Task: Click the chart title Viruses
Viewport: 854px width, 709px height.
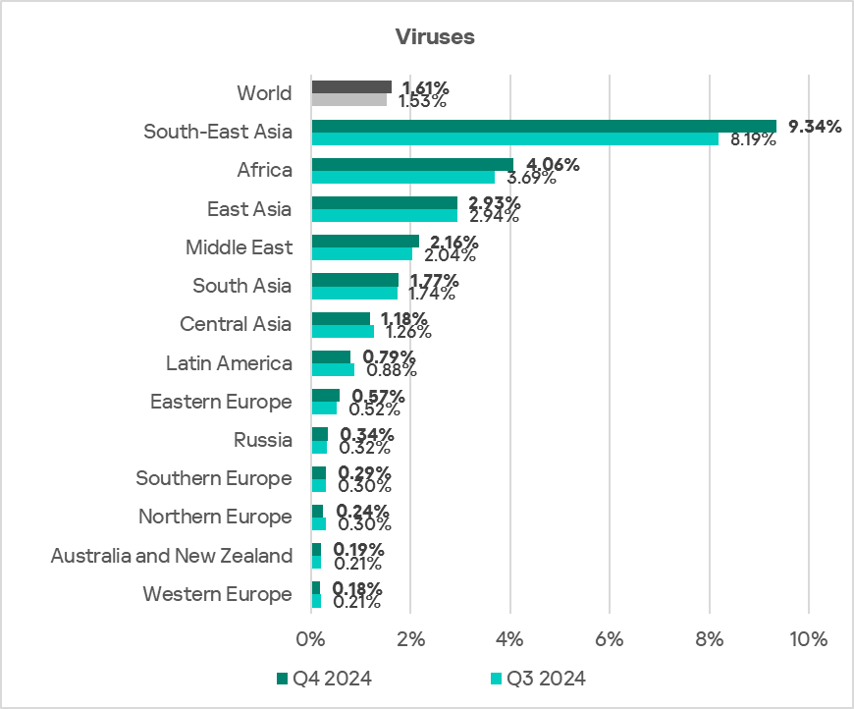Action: point(435,37)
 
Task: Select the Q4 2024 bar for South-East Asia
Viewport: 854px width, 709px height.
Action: point(544,126)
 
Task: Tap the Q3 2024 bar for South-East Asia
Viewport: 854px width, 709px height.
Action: point(514,138)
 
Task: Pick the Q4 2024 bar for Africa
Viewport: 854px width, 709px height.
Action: point(412,164)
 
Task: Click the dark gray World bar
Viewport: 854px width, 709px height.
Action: point(351,87)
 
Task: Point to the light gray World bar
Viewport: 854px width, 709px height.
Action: point(349,99)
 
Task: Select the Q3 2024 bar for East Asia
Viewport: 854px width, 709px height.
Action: point(385,215)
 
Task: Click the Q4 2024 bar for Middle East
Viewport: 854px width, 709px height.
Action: point(365,241)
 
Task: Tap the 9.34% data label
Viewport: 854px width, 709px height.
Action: point(815,126)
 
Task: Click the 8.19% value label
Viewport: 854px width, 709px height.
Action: point(751,139)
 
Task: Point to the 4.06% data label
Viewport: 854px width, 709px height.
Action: point(553,164)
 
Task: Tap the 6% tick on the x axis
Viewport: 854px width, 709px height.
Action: point(610,638)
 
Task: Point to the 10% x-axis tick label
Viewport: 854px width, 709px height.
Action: point(808,638)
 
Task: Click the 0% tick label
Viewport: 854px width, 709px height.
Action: point(311,638)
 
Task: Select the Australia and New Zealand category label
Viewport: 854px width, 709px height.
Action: point(172,556)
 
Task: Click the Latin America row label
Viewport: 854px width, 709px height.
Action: point(229,363)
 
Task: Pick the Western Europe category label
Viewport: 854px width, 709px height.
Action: point(217,594)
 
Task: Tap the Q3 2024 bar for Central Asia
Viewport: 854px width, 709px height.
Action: point(343,331)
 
